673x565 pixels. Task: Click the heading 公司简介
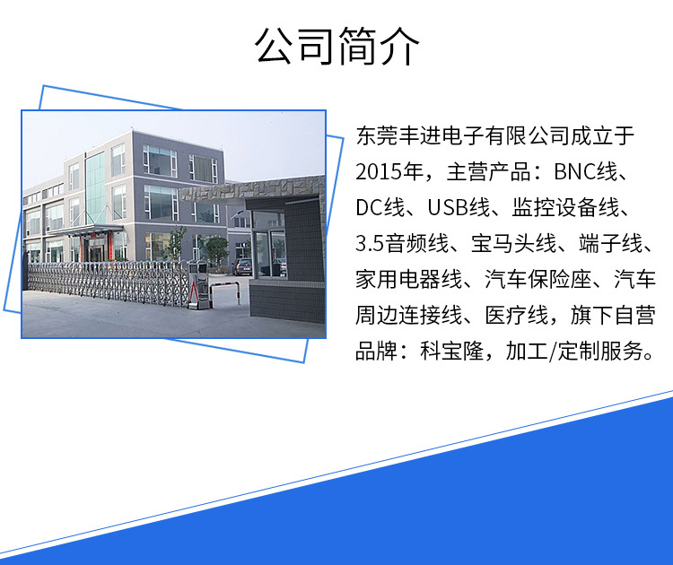click(336, 47)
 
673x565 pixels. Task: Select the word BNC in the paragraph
click(574, 171)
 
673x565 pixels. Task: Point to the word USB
click(448, 208)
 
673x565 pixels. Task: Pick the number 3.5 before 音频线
click(370, 244)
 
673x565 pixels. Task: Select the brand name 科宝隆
click(452, 352)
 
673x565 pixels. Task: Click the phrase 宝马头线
click(513, 244)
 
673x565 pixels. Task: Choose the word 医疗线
click(517, 316)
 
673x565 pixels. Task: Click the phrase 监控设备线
click(565, 208)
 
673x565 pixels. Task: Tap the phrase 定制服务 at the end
click(600, 352)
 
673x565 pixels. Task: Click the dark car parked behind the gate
click(242, 266)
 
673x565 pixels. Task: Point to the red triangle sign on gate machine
click(195, 293)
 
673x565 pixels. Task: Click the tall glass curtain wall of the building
click(95, 188)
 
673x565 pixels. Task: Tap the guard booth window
click(270, 253)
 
